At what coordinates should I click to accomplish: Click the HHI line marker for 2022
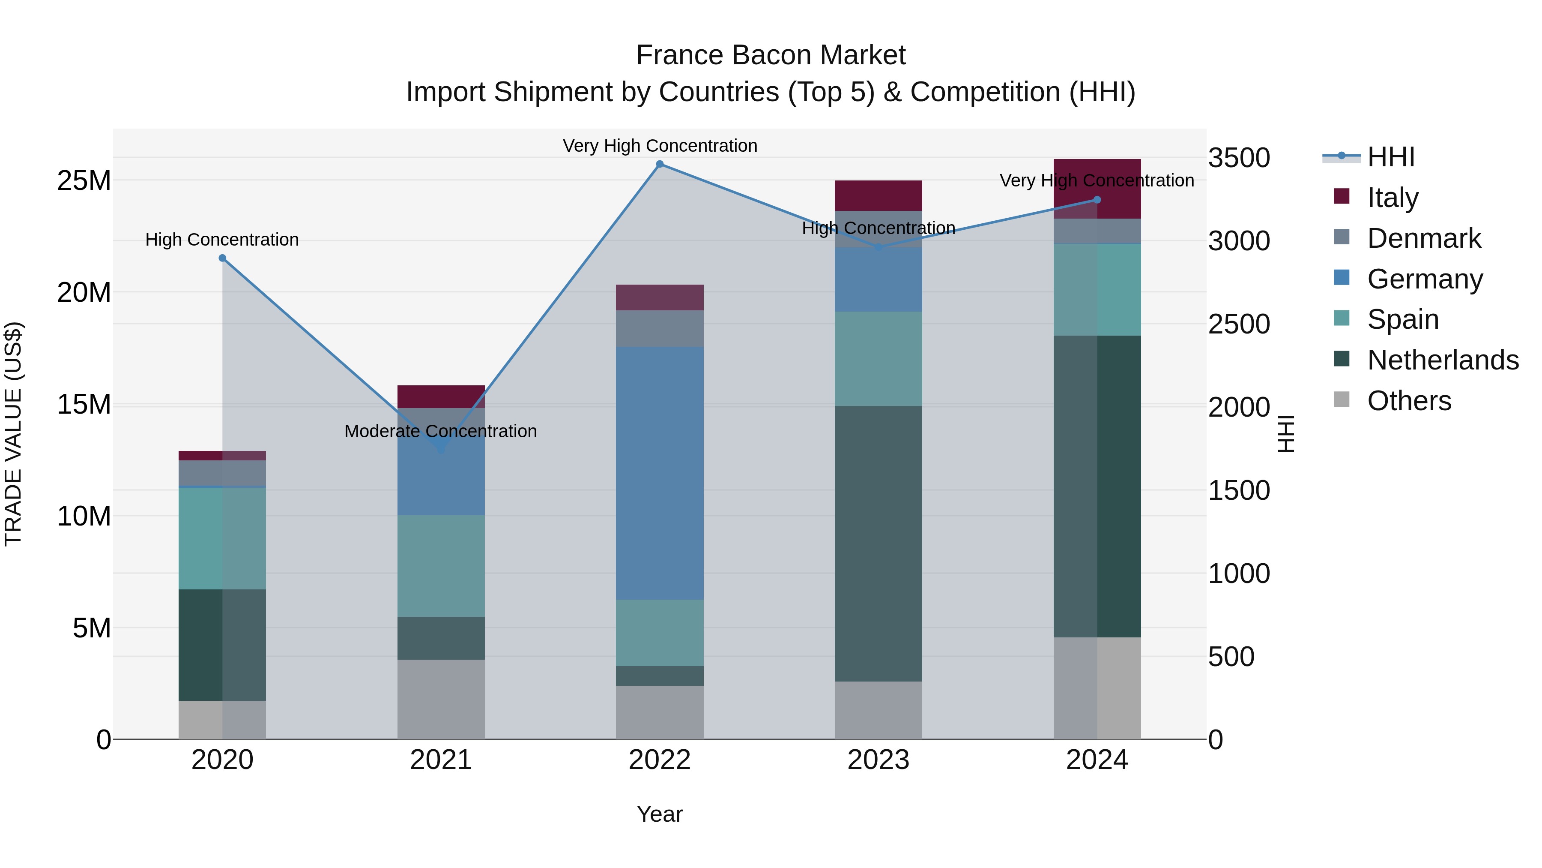coord(660,164)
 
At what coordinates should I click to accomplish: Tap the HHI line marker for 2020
coord(222,258)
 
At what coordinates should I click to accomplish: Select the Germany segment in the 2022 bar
coord(660,473)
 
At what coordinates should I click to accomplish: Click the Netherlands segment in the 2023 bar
coord(878,544)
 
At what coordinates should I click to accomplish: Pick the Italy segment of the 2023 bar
coord(878,195)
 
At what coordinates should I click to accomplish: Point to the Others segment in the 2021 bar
coord(441,699)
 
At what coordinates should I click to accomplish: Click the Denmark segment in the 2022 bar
coord(660,328)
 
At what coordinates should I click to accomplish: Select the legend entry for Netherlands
coord(1443,360)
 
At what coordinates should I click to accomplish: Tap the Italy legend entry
coord(1393,198)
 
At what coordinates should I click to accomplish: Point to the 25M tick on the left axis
coord(84,180)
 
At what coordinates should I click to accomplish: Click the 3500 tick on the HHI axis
coord(1238,158)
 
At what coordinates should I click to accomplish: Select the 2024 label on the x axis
coord(1097,760)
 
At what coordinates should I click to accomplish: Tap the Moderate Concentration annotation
coord(441,431)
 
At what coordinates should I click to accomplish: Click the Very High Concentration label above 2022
coord(660,146)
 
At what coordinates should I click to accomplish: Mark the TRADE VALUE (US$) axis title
coord(13,434)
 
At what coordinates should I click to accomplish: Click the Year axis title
coord(660,814)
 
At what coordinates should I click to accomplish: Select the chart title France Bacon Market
coord(771,55)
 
